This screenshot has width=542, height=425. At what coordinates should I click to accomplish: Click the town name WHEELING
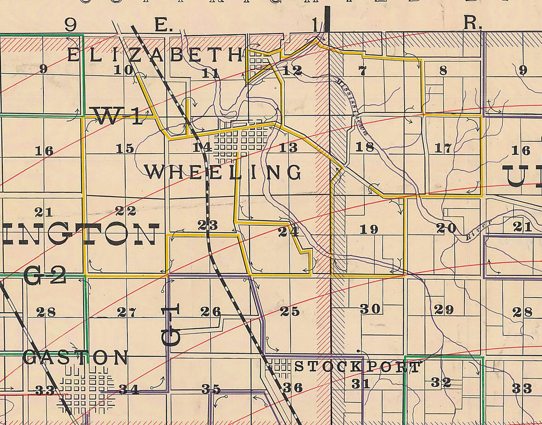click(x=222, y=172)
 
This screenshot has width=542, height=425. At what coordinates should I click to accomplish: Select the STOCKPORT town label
click(x=357, y=367)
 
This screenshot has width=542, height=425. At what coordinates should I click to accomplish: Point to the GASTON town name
click(x=75, y=358)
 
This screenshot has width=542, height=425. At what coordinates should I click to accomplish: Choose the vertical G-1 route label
click(x=171, y=326)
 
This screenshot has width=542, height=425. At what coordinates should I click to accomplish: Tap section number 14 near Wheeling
click(x=202, y=147)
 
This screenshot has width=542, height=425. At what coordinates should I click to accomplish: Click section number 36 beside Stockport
click(x=293, y=387)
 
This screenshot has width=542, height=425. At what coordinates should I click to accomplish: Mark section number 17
click(x=443, y=148)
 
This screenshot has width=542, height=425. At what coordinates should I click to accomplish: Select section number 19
click(x=369, y=229)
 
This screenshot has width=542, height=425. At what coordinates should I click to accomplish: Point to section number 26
click(x=211, y=311)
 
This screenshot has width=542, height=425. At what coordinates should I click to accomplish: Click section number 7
click(x=362, y=70)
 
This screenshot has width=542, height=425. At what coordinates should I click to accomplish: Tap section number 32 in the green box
click(x=441, y=382)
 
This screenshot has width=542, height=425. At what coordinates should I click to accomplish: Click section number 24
click(x=288, y=232)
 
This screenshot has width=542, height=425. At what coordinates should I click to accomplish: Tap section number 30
click(x=370, y=309)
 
